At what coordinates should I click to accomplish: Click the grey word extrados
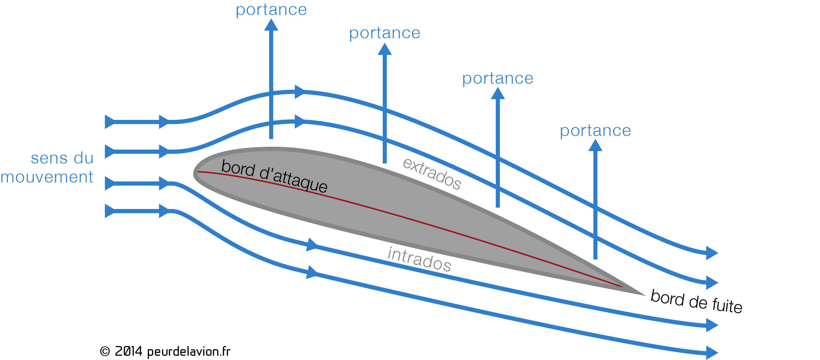point(432,174)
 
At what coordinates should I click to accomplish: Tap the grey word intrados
point(419,259)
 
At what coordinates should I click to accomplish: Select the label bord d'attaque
point(274,176)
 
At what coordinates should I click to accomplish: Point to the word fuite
point(727,305)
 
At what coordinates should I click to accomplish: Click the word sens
point(49,158)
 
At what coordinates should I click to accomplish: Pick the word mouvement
point(47,177)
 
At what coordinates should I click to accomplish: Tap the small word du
point(83,158)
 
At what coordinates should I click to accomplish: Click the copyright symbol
point(105,351)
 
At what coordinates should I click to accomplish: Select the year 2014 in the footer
point(128,351)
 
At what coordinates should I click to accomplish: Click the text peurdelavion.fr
point(189,351)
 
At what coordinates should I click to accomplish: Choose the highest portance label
point(271,10)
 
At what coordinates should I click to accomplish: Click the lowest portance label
point(595,131)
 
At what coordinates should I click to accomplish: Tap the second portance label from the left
point(385,33)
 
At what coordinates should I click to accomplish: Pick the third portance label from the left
point(498,79)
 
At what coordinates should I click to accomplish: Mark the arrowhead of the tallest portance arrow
point(271,25)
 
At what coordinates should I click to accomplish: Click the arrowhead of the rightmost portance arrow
point(595,146)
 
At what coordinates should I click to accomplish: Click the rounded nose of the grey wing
point(196,173)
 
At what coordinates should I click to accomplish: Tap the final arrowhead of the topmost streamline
point(712,253)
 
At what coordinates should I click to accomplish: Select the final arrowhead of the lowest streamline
point(712,352)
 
